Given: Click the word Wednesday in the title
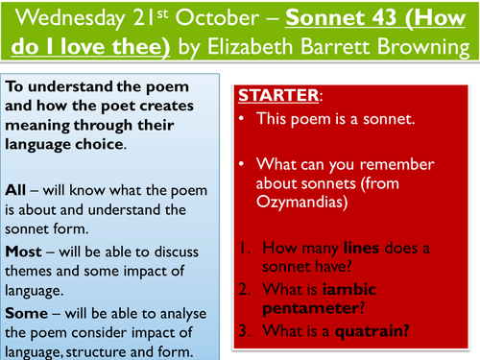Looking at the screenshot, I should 57,18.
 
